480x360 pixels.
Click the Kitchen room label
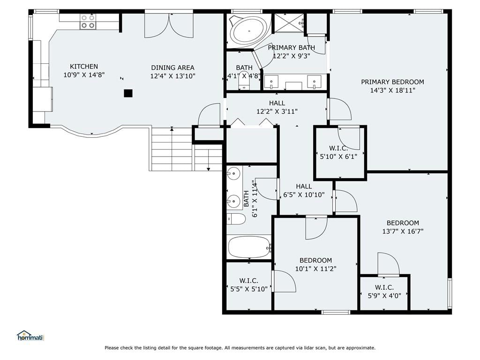pos(84,67)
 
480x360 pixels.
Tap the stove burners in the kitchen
pos(88,22)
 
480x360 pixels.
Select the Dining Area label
pos(172,67)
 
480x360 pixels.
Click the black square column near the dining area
pos(128,93)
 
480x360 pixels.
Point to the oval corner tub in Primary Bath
pos(248,31)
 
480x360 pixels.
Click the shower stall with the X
pos(289,22)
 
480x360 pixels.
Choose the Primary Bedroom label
pos(392,82)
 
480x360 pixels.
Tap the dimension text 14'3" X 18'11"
pos(392,90)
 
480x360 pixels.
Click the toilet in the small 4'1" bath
pos(244,81)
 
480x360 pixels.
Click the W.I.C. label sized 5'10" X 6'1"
pos(338,149)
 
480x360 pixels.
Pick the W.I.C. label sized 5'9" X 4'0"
pos(384,287)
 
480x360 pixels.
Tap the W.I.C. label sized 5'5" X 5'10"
pos(248,280)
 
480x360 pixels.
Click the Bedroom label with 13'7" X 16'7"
pos(403,223)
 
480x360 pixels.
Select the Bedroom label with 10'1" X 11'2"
pos(315,260)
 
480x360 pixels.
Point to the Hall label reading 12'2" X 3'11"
pos(277,103)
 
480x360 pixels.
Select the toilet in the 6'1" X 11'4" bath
pos(236,219)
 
